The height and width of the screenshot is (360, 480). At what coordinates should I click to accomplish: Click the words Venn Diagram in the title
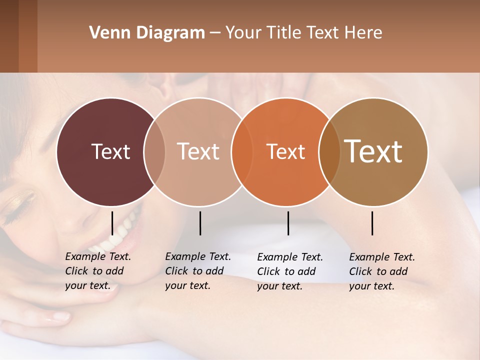pos(147,33)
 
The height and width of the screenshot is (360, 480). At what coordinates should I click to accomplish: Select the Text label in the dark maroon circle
pos(110,151)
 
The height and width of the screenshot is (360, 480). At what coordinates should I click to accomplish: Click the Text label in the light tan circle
pos(198,151)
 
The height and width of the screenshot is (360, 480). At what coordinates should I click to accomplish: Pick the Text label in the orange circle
pos(286,151)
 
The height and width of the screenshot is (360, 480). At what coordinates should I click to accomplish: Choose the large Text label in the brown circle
pos(373,151)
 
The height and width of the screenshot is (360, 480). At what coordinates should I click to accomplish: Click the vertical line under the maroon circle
pos(112,223)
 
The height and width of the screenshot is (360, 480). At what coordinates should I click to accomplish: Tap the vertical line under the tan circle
pos(200,223)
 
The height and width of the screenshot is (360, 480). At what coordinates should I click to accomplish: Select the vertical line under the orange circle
pos(288,223)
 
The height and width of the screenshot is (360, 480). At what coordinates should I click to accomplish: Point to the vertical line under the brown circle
pos(372,223)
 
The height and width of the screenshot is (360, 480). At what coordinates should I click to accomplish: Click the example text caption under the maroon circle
pos(98,271)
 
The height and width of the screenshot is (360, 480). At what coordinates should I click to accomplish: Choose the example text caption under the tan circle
pos(198,271)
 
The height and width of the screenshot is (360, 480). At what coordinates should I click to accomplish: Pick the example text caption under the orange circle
pos(290,271)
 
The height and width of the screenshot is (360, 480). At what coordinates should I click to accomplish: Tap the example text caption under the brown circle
pos(382,271)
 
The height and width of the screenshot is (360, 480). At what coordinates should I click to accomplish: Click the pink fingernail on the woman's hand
pos(60,316)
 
